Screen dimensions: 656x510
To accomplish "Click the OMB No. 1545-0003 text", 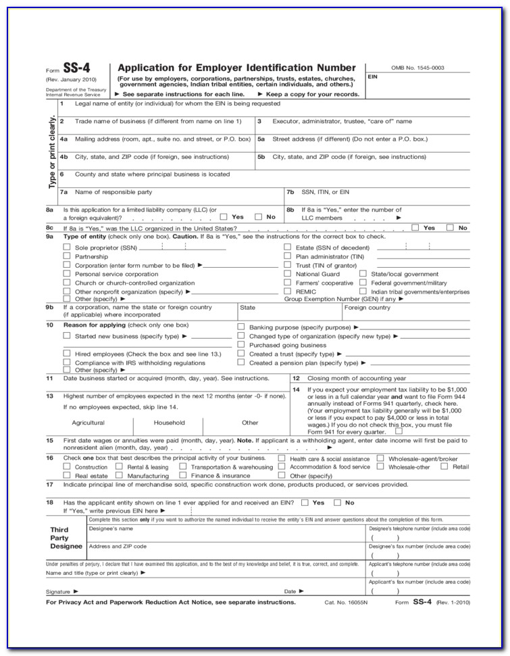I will pos(418,68).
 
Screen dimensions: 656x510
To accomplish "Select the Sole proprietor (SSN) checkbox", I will pos(66,248).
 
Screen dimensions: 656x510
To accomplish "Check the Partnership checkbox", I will pos(66,256).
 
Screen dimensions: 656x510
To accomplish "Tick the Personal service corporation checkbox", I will pos(66,274).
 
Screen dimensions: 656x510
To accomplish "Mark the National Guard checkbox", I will pos(287,274).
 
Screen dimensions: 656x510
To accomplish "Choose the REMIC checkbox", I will pos(287,291).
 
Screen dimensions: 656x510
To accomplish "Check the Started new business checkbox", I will pos(66,335).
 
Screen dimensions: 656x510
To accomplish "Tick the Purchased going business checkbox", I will pos(241,344).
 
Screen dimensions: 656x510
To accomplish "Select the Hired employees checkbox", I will pos(66,353).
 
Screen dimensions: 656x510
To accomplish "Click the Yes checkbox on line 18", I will pos(305,502).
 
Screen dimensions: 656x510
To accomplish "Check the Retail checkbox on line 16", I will pos(444,466).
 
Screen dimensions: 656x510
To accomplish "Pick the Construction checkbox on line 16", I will pos(66,466).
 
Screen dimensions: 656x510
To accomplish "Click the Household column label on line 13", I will pos(169,423).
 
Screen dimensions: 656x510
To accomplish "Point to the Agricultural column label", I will pos(88,423).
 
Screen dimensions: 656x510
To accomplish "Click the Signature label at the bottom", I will pos(58,591).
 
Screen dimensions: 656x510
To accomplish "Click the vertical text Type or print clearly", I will pos(51,151).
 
